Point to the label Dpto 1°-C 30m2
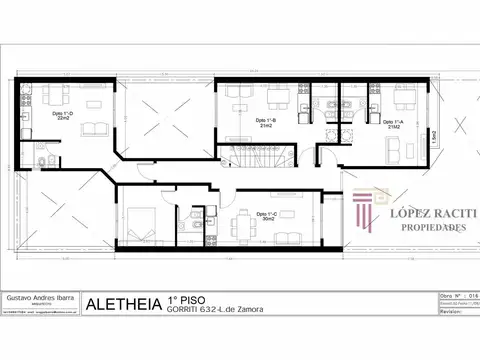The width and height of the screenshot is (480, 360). coord(266,216)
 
